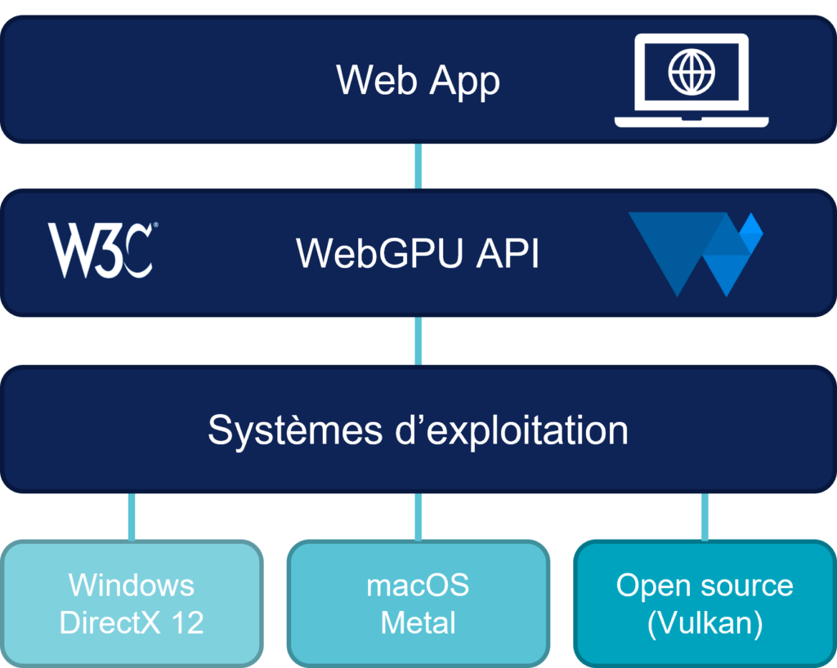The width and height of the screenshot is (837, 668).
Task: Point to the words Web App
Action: (418, 81)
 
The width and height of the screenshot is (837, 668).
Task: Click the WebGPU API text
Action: (418, 253)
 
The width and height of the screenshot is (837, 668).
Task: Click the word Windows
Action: (132, 585)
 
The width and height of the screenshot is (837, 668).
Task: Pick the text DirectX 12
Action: (132, 623)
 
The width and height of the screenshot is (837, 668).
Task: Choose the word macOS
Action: (418, 585)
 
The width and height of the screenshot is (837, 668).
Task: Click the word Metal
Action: (418, 623)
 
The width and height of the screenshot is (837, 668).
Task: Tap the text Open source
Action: (705, 585)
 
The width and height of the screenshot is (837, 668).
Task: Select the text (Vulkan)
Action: (705, 623)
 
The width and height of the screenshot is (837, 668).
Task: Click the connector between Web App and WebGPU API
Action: (418, 166)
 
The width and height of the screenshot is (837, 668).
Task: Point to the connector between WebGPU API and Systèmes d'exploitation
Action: (418, 340)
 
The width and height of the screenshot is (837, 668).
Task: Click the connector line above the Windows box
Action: (132, 516)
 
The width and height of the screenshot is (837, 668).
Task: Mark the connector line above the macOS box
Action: (418, 516)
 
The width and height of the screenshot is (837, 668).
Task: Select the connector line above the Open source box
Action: (705, 516)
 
